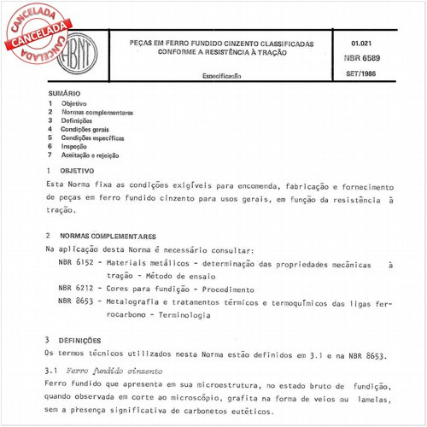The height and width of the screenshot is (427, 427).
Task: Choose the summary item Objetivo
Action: coord(73,103)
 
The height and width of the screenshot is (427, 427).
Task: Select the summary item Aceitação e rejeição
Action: coord(90,155)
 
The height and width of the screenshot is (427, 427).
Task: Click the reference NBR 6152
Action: coord(73,265)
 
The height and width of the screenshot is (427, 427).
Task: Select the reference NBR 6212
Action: coord(73,290)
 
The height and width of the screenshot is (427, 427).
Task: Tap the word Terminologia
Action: coord(183,315)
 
